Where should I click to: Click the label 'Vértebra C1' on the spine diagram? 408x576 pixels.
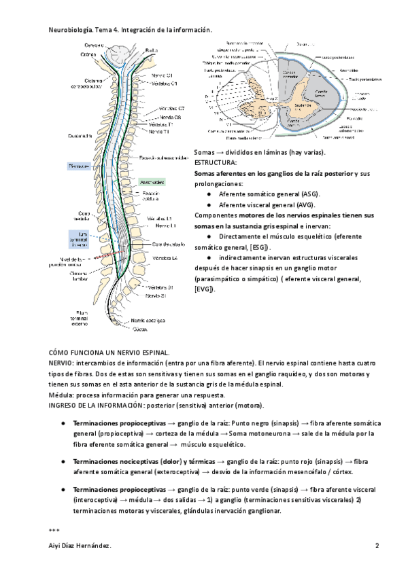[165, 84]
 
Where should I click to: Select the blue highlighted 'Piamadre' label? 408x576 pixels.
[80, 165]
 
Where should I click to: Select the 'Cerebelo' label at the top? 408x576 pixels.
[93, 45]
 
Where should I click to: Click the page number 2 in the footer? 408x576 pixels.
[377, 546]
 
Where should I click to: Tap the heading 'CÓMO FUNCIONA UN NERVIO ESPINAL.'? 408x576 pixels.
[109, 353]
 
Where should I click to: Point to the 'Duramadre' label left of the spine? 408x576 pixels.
[82, 136]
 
